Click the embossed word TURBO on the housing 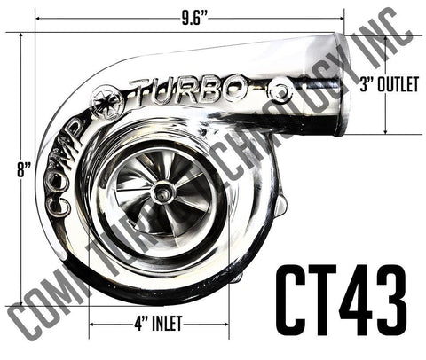[x=187, y=89]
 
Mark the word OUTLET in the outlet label [x=397, y=86]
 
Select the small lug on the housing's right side [x=280, y=206]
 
